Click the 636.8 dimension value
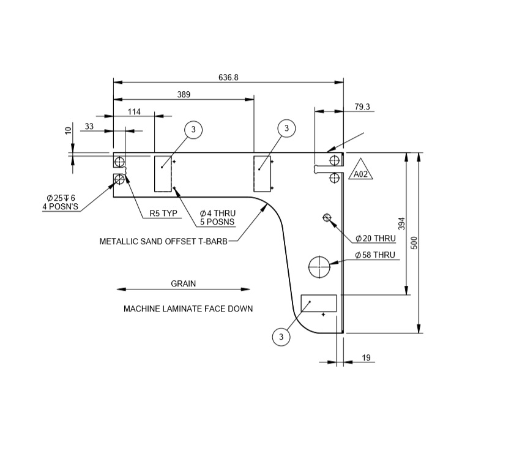(228, 78)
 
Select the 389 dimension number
(184, 95)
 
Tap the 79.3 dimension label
(362, 107)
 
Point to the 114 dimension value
(134, 111)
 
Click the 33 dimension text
(89, 127)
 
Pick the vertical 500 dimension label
(414, 242)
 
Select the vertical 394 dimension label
(401, 223)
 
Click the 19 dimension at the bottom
(367, 357)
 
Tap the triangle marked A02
(361, 171)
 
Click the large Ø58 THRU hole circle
(319, 266)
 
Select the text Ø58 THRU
(375, 255)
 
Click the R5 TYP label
(163, 214)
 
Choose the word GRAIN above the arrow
(184, 284)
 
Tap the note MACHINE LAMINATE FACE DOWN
(188, 309)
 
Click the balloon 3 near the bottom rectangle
(281, 337)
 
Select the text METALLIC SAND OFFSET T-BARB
(163, 242)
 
